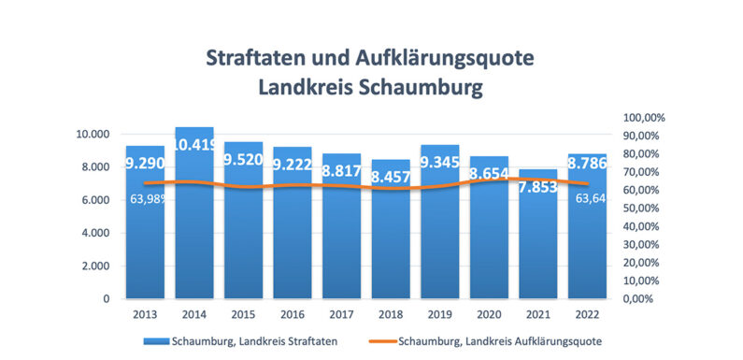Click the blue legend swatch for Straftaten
point(155,340)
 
